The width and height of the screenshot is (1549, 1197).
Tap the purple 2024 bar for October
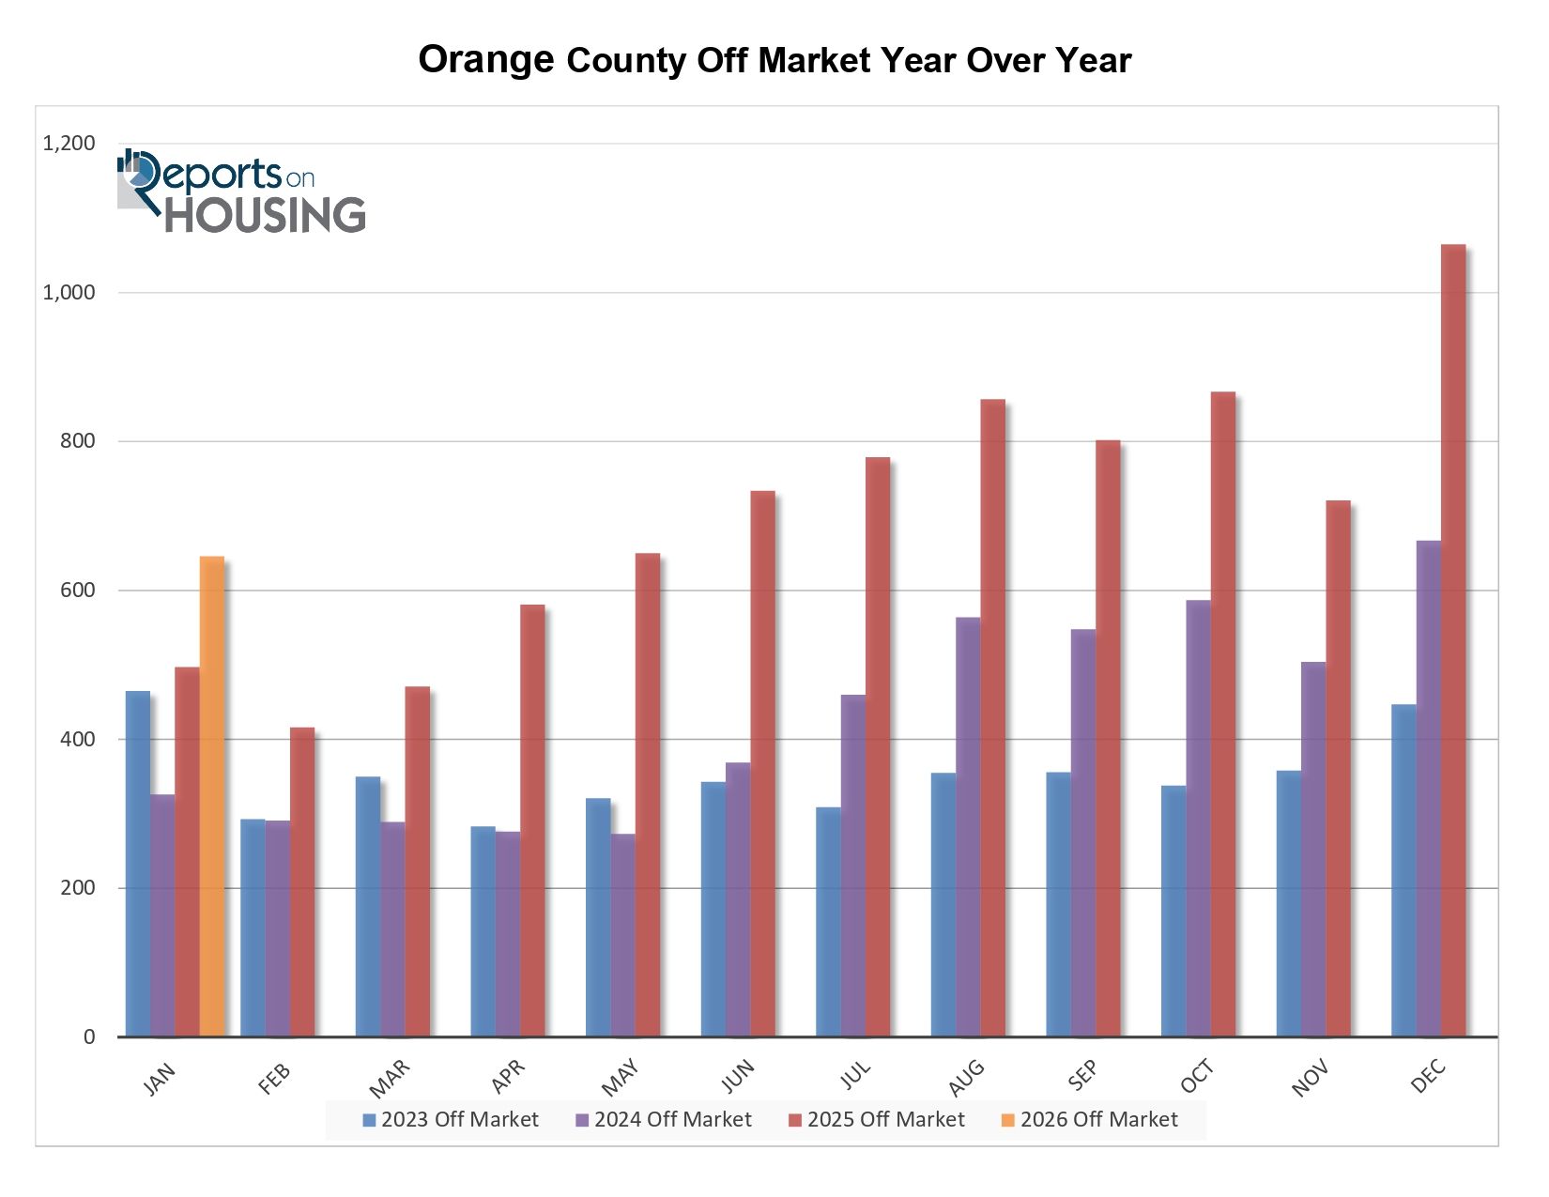click(x=1198, y=818)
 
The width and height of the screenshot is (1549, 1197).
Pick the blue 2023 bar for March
click(x=368, y=906)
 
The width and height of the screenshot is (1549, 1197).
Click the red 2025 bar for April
click(x=532, y=821)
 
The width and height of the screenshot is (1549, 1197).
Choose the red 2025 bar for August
click(x=992, y=718)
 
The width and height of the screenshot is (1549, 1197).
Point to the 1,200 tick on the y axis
click(x=69, y=144)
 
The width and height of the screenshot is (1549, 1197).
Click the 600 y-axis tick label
click(x=78, y=591)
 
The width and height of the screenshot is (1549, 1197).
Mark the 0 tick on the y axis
click(x=89, y=1036)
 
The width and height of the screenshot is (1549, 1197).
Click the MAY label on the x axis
click(x=621, y=1077)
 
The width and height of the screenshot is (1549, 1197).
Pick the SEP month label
click(x=1082, y=1076)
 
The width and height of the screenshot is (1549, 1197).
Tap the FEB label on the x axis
click(x=274, y=1079)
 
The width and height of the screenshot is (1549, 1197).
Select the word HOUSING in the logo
click(x=266, y=215)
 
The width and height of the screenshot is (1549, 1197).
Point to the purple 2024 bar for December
click(x=1428, y=789)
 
